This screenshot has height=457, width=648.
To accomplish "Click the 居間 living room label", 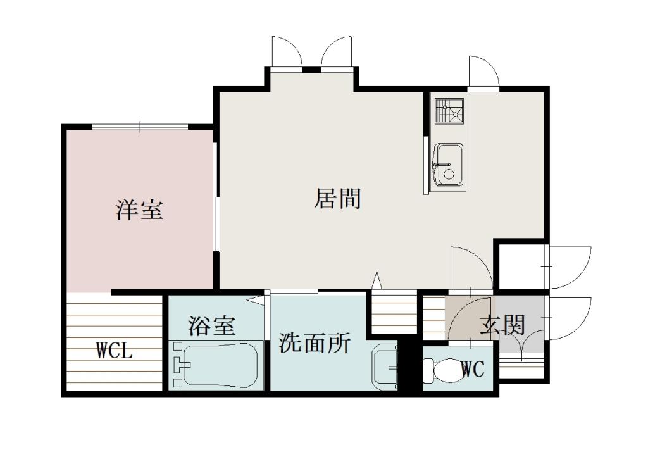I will (338, 198).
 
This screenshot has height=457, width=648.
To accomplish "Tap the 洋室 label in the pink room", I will (139, 210).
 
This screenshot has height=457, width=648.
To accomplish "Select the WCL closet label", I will (115, 351).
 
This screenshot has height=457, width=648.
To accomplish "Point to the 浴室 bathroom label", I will (212, 326).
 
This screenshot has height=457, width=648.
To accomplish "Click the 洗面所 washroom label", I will (315, 343).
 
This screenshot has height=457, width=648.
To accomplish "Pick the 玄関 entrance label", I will (502, 325).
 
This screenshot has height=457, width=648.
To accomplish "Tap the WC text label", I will (473, 369).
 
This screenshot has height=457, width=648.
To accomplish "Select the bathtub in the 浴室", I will (221, 365).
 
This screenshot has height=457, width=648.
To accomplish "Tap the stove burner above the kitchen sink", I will (449, 111).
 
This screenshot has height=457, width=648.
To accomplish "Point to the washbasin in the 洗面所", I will (385, 365).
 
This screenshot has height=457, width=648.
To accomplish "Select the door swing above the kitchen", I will (483, 72).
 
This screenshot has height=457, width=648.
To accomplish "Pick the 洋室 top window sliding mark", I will (140, 128).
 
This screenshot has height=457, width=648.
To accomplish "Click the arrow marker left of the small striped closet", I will (377, 279).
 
